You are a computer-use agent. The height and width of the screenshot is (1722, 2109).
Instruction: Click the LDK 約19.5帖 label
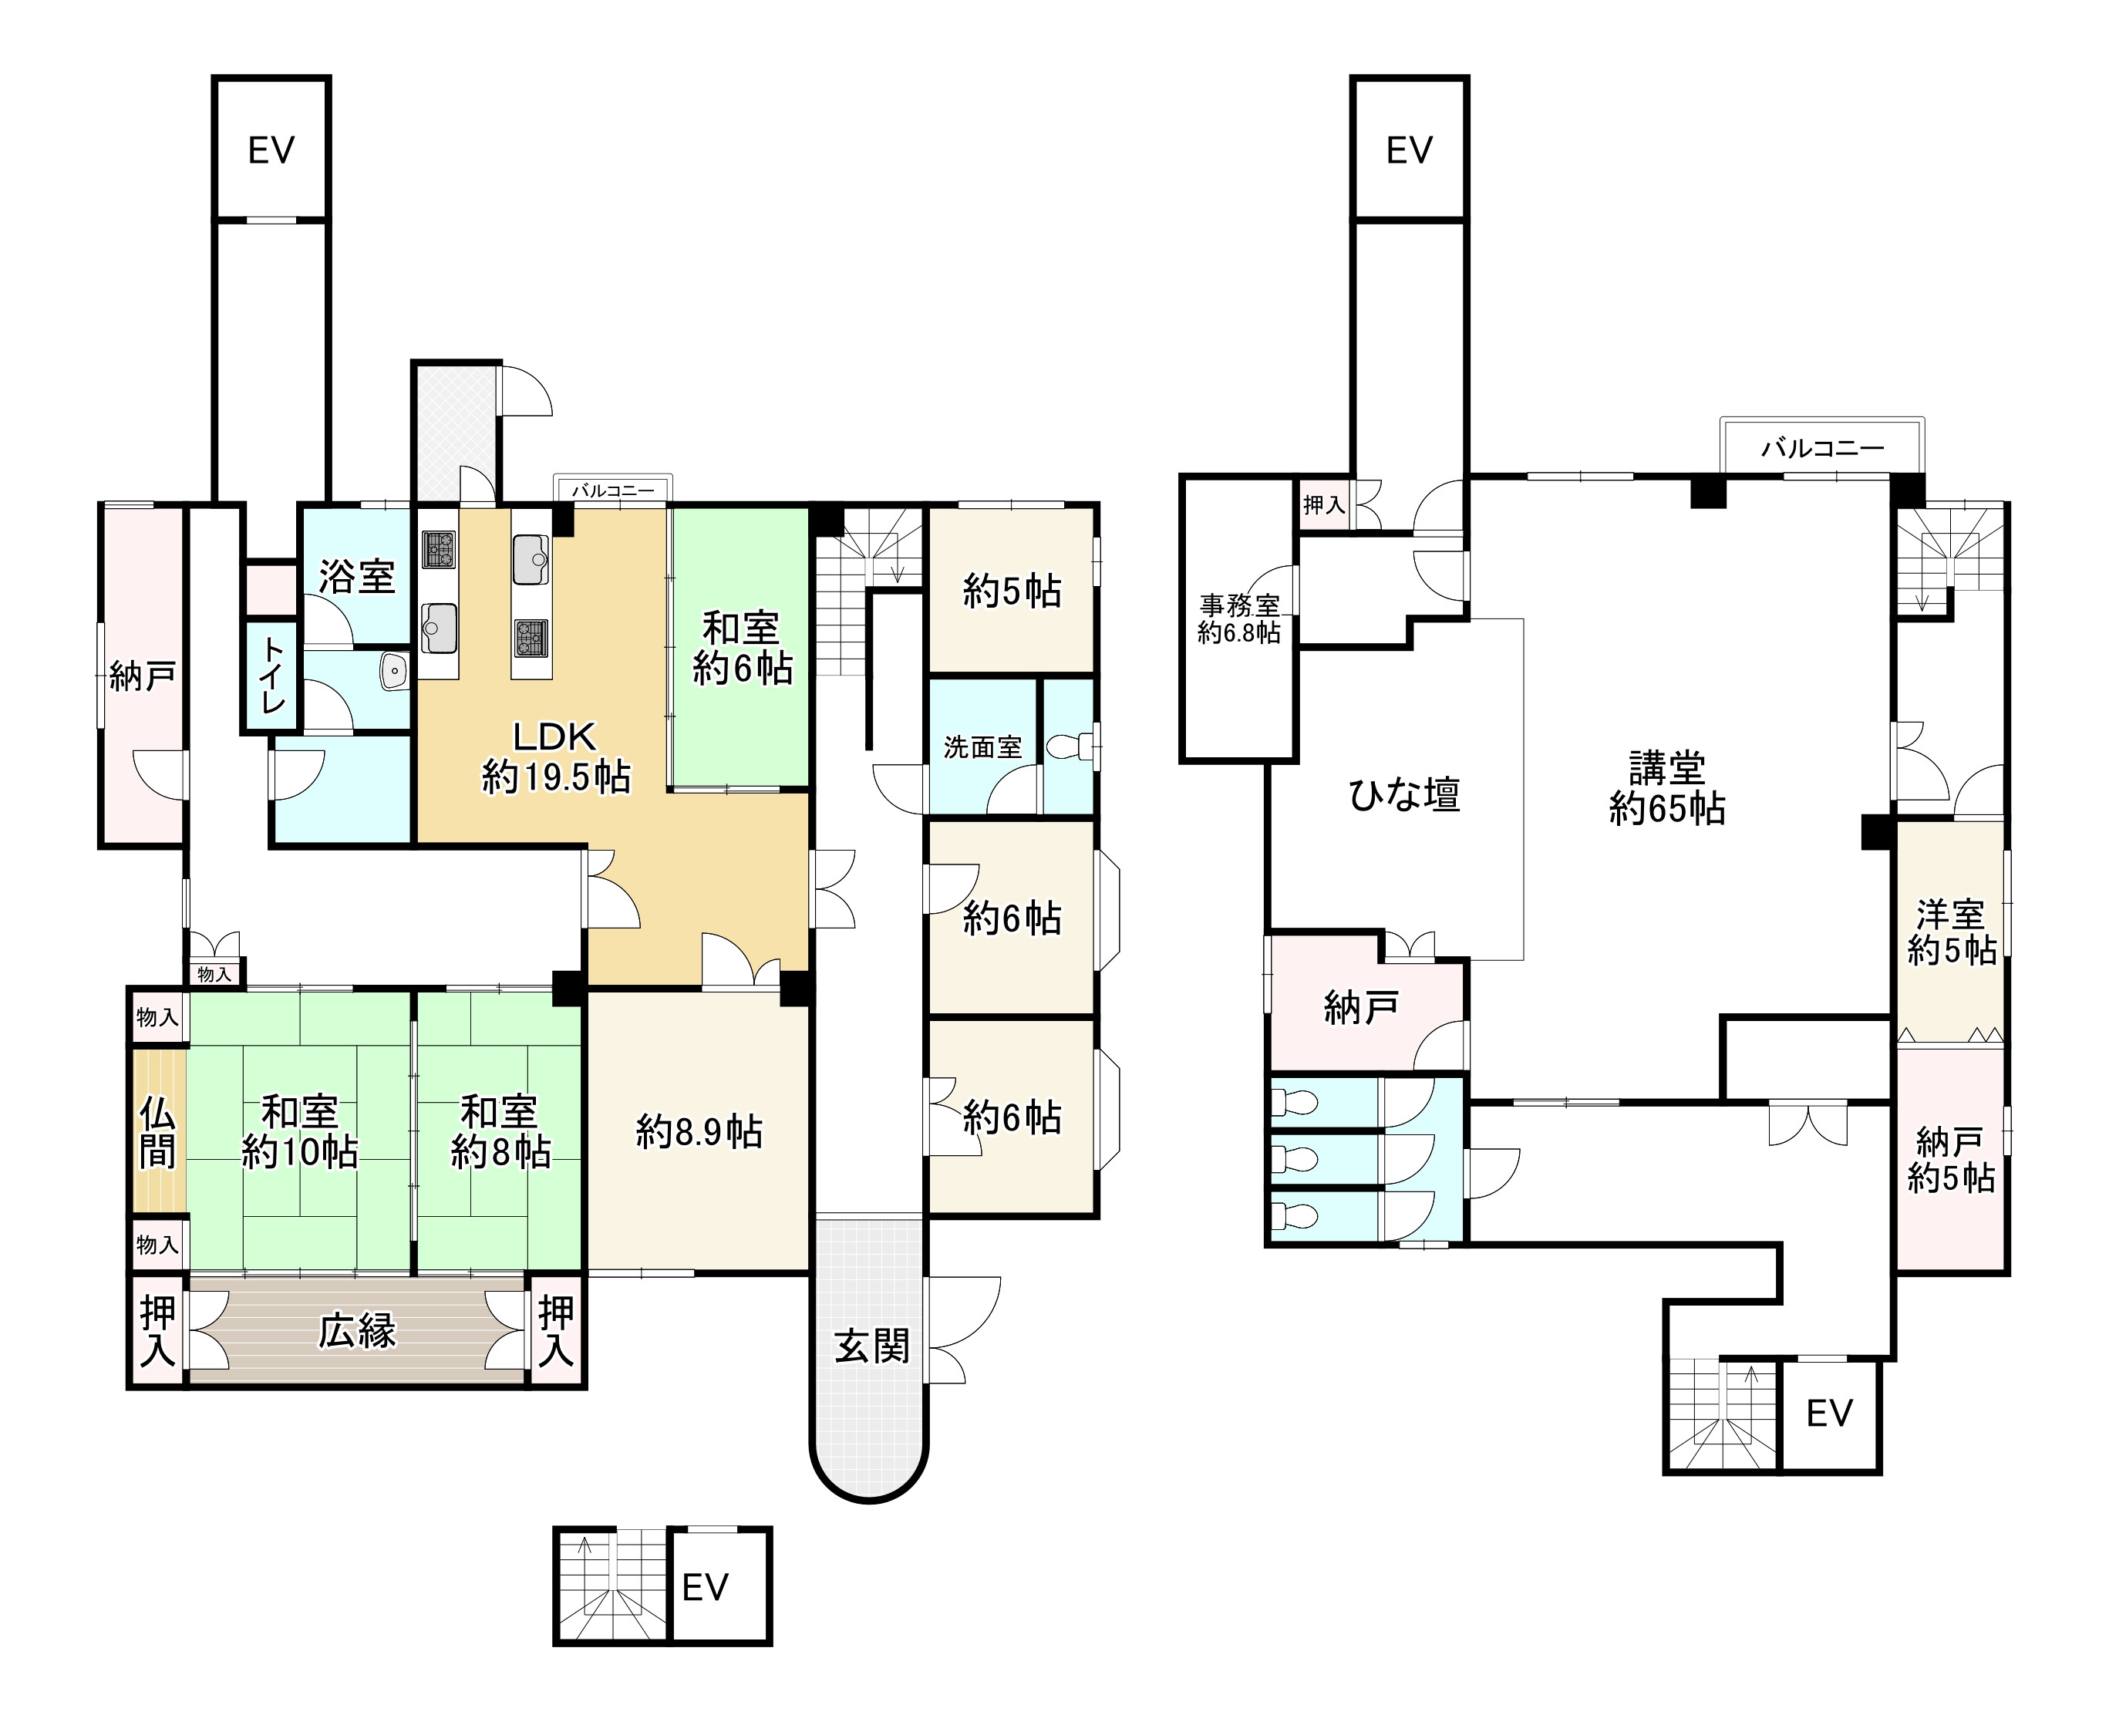click(555, 757)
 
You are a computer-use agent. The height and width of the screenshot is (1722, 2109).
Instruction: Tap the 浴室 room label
click(357, 576)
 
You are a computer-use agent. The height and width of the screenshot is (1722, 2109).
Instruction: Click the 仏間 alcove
click(158, 1131)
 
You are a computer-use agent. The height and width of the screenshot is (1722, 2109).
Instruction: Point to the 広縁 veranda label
click(357, 1331)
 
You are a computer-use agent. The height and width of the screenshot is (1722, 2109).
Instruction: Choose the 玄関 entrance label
click(871, 1346)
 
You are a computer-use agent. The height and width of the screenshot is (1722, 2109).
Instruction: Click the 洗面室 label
click(982, 747)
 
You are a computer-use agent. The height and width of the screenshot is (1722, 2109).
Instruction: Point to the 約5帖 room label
click(1012, 591)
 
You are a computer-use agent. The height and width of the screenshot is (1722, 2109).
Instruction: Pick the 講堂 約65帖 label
click(1666, 789)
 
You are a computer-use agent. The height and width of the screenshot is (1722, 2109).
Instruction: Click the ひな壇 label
click(1405, 794)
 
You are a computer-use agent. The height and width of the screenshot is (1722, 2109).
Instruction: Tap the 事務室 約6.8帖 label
click(1239, 619)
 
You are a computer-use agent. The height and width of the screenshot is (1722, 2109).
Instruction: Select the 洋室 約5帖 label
click(1951, 932)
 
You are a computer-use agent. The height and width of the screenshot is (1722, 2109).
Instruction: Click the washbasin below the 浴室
click(394, 672)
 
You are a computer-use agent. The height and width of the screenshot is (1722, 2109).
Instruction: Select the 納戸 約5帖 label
click(1951, 1160)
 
